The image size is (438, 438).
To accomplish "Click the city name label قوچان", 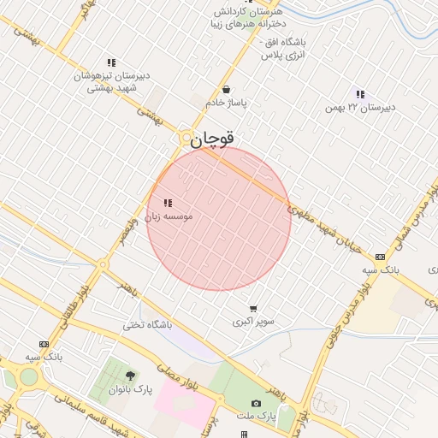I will pos(212,139).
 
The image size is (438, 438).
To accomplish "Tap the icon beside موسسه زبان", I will pos(167,203).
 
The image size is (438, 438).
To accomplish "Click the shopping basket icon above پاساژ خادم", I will pos(226,89).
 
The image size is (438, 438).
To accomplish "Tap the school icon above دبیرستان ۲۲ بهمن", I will pos(360,94).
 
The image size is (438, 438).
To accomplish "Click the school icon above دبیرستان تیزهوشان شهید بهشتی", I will pos(111,62).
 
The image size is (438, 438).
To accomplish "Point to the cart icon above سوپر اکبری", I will pos(253,308).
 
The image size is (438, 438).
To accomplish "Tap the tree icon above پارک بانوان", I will pos(130,376).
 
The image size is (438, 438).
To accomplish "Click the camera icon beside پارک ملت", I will pos(256,403).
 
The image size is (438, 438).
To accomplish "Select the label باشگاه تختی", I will pos(147,325).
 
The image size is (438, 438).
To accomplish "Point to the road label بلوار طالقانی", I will pos(72,311).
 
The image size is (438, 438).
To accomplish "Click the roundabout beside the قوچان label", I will pos(186,138).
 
